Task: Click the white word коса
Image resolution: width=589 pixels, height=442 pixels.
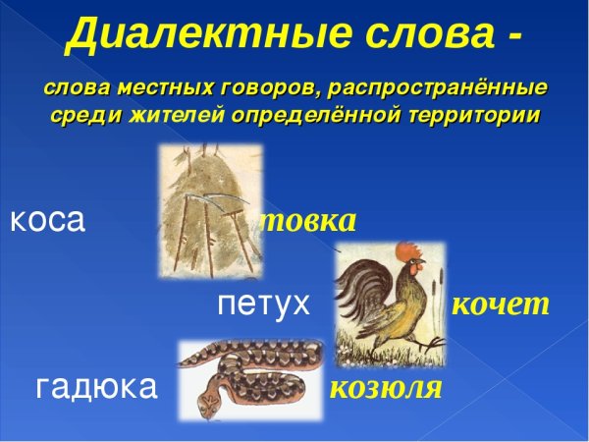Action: coord(48,221)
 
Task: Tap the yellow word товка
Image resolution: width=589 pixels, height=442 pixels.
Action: coord(307,220)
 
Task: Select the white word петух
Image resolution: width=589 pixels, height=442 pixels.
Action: coord(263,304)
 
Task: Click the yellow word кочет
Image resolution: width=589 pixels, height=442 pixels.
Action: coord(500,304)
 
